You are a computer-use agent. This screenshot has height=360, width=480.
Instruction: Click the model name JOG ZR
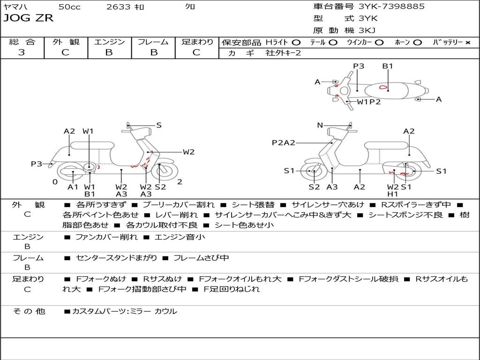[x=29, y=18]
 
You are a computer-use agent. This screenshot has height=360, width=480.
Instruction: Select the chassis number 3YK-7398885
[x=391, y=7]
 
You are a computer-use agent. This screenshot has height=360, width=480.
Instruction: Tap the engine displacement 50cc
[x=69, y=7]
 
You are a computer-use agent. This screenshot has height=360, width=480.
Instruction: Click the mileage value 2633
[x=118, y=7]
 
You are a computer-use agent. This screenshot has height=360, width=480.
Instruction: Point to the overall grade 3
[x=22, y=52]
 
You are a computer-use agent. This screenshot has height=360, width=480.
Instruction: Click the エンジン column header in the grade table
[x=109, y=42]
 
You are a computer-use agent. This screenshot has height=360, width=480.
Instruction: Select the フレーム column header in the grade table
[x=153, y=42]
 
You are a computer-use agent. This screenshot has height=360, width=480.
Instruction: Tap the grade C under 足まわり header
[x=196, y=52]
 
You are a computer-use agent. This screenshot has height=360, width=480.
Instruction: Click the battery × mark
[x=467, y=42]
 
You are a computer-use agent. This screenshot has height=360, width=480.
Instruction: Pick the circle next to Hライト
[x=296, y=42]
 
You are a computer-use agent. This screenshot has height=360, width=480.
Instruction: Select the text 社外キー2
[x=284, y=53]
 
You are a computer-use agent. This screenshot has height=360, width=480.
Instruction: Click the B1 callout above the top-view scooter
[x=388, y=66]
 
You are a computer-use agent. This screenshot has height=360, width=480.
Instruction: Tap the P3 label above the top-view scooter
[x=359, y=66]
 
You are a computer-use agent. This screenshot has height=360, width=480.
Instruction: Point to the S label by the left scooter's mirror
[x=159, y=125]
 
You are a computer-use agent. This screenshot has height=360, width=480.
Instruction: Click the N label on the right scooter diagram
[x=320, y=125]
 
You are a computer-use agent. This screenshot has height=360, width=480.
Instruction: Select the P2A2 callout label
[x=284, y=142]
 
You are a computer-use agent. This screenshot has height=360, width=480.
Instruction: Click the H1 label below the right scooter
[x=392, y=194]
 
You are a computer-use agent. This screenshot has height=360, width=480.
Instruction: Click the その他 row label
[x=29, y=311]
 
